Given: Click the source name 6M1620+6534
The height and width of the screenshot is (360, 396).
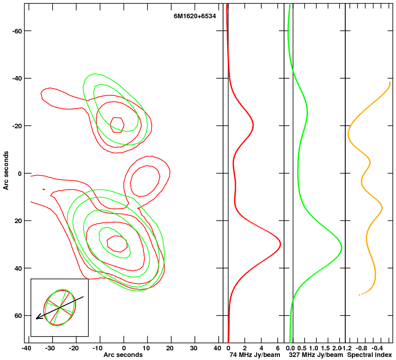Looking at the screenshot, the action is [195, 16].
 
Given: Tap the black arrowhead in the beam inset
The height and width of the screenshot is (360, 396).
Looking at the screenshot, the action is [38, 316].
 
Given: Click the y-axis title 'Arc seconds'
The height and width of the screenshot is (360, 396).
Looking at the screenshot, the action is [6, 170].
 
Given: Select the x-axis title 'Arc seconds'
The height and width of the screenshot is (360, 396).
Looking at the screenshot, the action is [123, 355].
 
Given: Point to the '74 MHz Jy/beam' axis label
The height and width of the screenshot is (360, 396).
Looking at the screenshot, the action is [255, 355].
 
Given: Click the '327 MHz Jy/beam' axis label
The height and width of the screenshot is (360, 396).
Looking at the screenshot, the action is [316, 355].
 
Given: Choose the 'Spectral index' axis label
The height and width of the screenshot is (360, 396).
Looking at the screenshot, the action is [369, 355].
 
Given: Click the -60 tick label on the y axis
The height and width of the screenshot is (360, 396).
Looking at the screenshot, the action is [17, 31].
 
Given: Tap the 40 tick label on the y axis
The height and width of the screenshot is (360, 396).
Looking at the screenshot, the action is [19, 268].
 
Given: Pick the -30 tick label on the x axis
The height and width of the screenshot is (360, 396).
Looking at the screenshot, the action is [50, 348].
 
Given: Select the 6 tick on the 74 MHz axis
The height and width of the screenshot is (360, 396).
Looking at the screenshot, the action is [277, 348].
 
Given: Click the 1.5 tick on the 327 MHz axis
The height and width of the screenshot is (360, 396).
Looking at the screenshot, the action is [326, 348].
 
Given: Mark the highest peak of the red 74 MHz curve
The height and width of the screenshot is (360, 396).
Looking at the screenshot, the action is [280, 244].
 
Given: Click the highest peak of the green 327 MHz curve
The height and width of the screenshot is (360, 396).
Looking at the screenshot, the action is [341, 247].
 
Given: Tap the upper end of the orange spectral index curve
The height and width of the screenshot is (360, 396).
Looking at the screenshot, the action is [390, 83].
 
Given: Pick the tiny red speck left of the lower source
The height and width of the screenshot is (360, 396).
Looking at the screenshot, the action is [44, 189].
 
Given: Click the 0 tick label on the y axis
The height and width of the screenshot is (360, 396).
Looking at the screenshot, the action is [20, 173].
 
